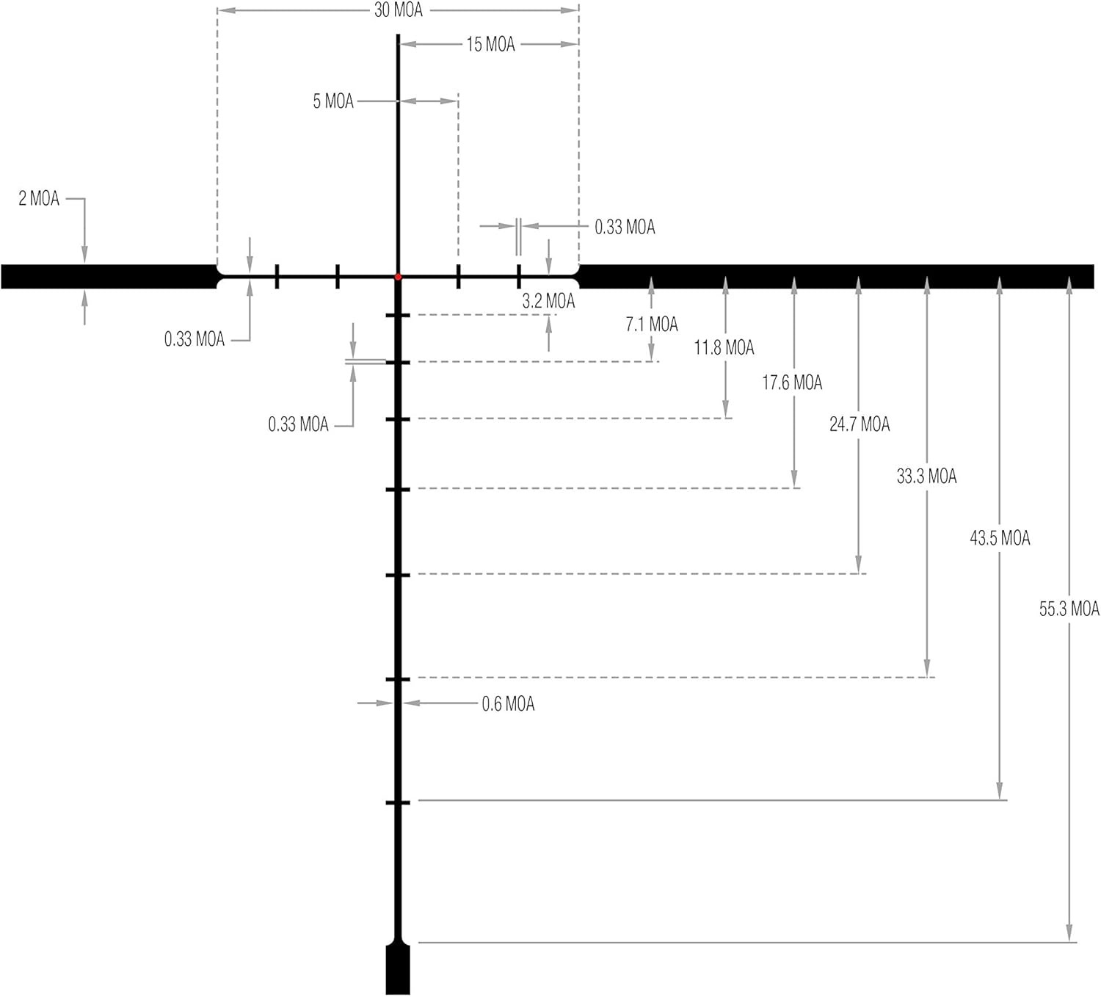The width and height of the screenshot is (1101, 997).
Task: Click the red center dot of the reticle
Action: coord(398,277)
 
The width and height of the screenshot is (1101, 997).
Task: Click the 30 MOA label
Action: coord(399,10)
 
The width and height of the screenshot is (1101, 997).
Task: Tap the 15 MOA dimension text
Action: coord(490,45)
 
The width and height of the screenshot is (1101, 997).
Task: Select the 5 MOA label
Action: coord(333,101)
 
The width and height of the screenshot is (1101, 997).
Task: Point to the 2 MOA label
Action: coord(39,199)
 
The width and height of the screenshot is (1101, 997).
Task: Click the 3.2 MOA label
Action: coord(548,301)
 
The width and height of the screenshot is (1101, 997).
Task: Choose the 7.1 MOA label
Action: coord(652,325)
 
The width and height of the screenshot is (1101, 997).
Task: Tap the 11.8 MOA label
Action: coord(724,347)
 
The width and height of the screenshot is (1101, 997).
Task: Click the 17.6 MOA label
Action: coord(792,383)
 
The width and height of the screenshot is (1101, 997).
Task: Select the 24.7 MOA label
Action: coord(860,424)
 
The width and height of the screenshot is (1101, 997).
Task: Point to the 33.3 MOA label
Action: coord(926,477)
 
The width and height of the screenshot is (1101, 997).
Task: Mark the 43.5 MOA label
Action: coord(1000,539)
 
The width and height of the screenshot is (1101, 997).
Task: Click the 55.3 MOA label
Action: coord(1069,609)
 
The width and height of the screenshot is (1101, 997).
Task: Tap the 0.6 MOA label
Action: coord(508,705)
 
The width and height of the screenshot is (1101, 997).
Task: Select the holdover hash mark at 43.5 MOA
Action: coord(398,802)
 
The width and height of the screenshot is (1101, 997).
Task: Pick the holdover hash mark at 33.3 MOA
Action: coord(398,680)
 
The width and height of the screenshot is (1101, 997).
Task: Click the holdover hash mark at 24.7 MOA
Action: coord(398,575)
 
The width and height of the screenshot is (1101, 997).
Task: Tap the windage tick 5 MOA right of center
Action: coord(459,277)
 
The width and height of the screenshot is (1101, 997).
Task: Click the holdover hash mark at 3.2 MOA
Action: coord(398,316)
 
